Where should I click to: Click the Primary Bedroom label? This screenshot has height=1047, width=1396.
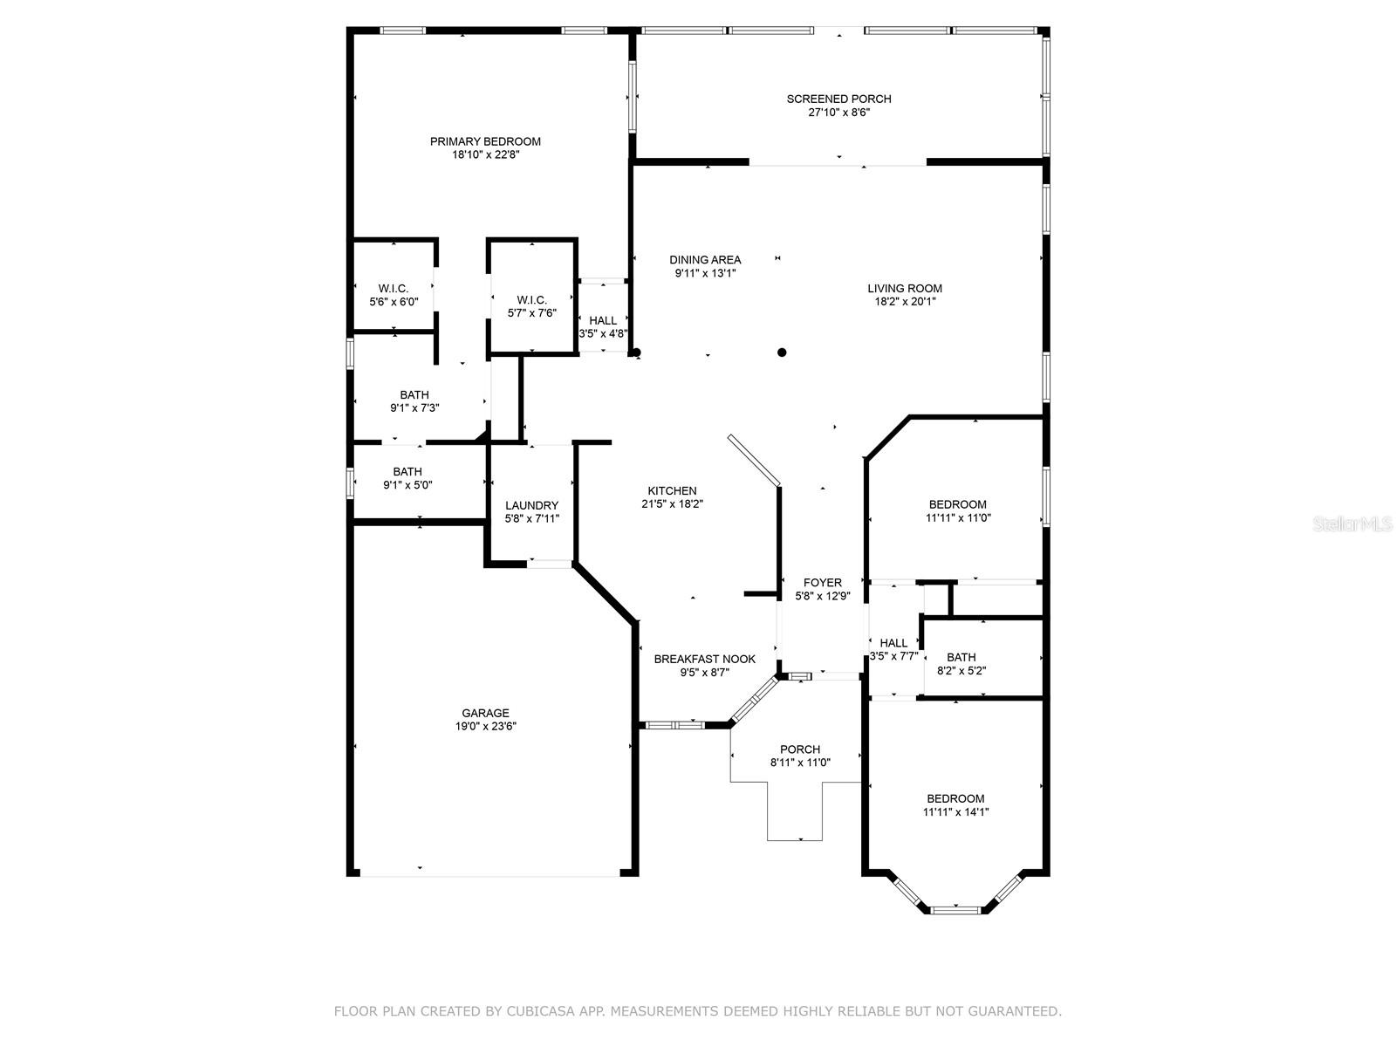(485, 141)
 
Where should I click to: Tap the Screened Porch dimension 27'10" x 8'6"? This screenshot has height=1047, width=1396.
(838, 113)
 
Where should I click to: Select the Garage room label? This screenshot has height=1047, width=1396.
(485, 713)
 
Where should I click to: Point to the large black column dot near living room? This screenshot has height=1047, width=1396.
(782, 352)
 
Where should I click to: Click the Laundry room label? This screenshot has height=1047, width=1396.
(531, 505)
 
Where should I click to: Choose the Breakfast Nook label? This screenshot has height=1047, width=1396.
(704, 659)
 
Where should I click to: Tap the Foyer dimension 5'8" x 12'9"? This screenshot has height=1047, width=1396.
(823, 596)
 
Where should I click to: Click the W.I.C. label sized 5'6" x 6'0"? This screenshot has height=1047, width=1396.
(393, 289)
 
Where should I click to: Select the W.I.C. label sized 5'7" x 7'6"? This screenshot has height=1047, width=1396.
(531, 299)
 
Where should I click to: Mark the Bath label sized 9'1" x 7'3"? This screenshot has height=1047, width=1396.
(414, 395)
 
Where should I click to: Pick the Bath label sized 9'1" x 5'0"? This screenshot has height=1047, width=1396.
(407, 472)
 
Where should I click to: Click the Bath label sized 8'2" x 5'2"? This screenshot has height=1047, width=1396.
(961, 657)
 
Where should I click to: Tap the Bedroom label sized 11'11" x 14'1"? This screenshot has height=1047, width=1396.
(955, 798)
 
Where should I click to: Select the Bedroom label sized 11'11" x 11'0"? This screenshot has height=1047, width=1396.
(957, 504)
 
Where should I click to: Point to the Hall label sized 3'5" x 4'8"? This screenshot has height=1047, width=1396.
(603, 320)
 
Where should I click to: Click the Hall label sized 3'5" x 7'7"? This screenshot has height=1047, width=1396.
(893, 643)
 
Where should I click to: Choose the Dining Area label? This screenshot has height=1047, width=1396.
(705, 259)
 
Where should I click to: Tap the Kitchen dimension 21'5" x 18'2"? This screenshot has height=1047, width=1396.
(672, 504)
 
